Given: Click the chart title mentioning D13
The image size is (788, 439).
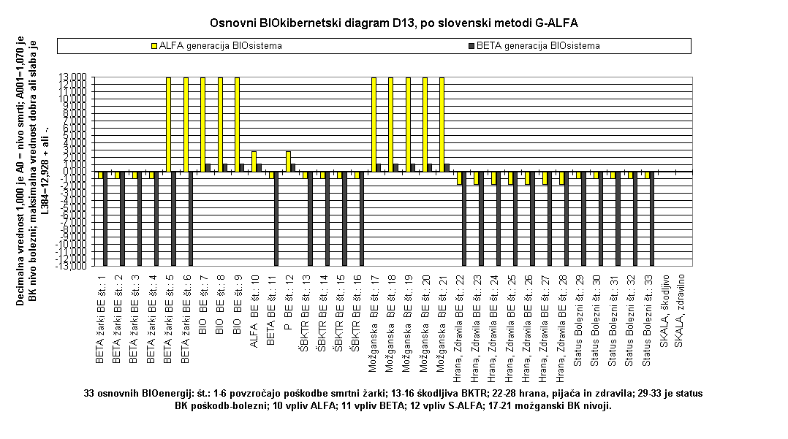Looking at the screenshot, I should (394, 23).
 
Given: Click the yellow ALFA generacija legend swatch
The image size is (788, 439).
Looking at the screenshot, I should (154, 46).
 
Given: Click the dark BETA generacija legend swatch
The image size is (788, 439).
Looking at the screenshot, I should (471, 46).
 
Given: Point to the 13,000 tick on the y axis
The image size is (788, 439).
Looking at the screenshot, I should (76, 77).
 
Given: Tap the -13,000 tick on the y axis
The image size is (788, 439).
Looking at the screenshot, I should (75, 265).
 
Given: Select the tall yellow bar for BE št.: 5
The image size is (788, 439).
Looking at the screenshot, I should (169, 124).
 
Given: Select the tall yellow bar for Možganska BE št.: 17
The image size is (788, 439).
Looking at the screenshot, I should (374, 124).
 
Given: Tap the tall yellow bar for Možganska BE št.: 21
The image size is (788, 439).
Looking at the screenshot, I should (442, 124).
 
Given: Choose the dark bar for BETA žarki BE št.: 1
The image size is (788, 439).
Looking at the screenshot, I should (105, 218).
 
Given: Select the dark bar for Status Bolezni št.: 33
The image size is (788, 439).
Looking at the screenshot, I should (651, 218).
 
